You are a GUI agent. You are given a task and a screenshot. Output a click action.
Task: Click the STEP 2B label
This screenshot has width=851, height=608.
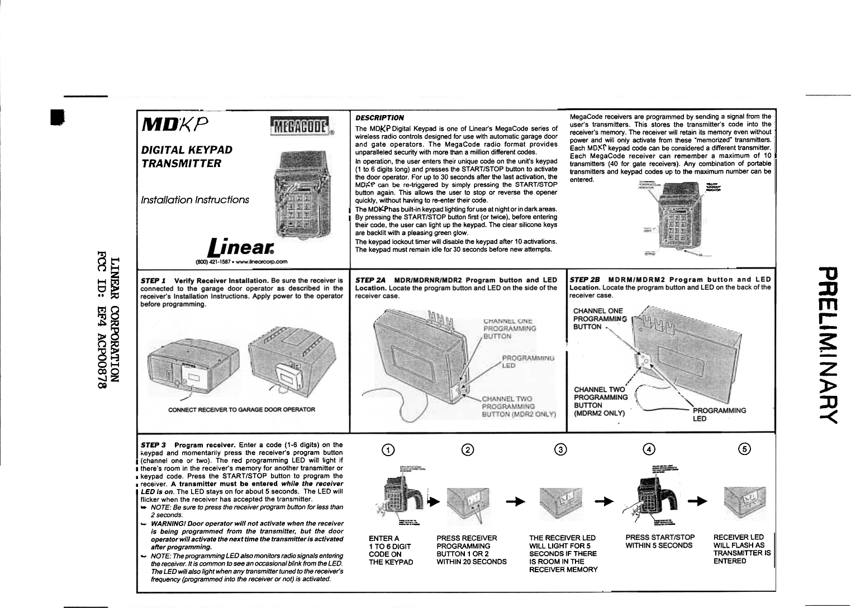584,280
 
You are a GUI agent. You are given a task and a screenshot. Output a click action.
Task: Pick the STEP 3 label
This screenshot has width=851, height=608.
153,445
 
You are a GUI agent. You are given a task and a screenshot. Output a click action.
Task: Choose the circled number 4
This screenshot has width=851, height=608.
648,450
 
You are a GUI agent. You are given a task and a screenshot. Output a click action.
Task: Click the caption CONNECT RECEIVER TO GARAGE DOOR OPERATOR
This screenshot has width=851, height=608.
241,409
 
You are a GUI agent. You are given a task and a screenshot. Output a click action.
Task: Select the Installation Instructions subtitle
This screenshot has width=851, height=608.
195,200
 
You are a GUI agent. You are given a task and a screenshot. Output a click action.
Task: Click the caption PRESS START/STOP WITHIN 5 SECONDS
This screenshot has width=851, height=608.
660,542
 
